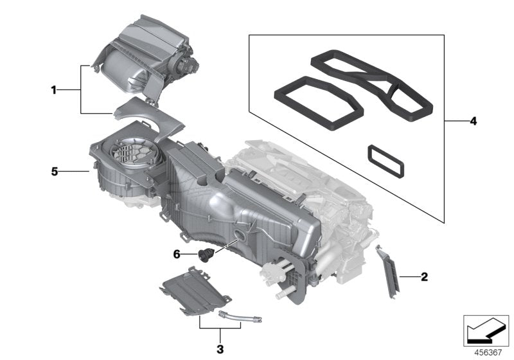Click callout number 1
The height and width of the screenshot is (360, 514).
point(54,91)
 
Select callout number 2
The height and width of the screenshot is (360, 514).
point(423,277)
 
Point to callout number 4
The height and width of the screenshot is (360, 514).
point(473,120)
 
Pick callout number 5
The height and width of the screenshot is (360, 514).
point(55,172)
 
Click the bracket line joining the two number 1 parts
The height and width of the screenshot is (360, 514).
point(82,90)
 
